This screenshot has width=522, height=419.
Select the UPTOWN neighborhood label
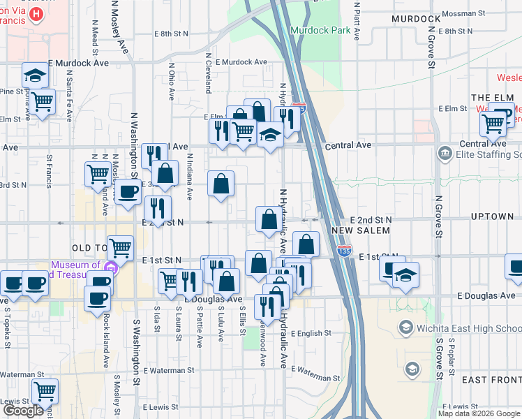(492, 216)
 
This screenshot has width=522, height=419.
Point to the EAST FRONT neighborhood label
(491, 379)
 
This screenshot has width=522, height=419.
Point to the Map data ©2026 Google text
(479, 413)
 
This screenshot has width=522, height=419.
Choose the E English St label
(318, 334)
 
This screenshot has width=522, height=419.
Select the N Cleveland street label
(208, 72)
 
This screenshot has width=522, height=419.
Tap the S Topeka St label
(8, 325)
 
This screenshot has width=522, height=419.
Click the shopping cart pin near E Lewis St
(45, 392)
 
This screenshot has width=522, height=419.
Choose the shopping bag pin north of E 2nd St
(221, 186)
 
